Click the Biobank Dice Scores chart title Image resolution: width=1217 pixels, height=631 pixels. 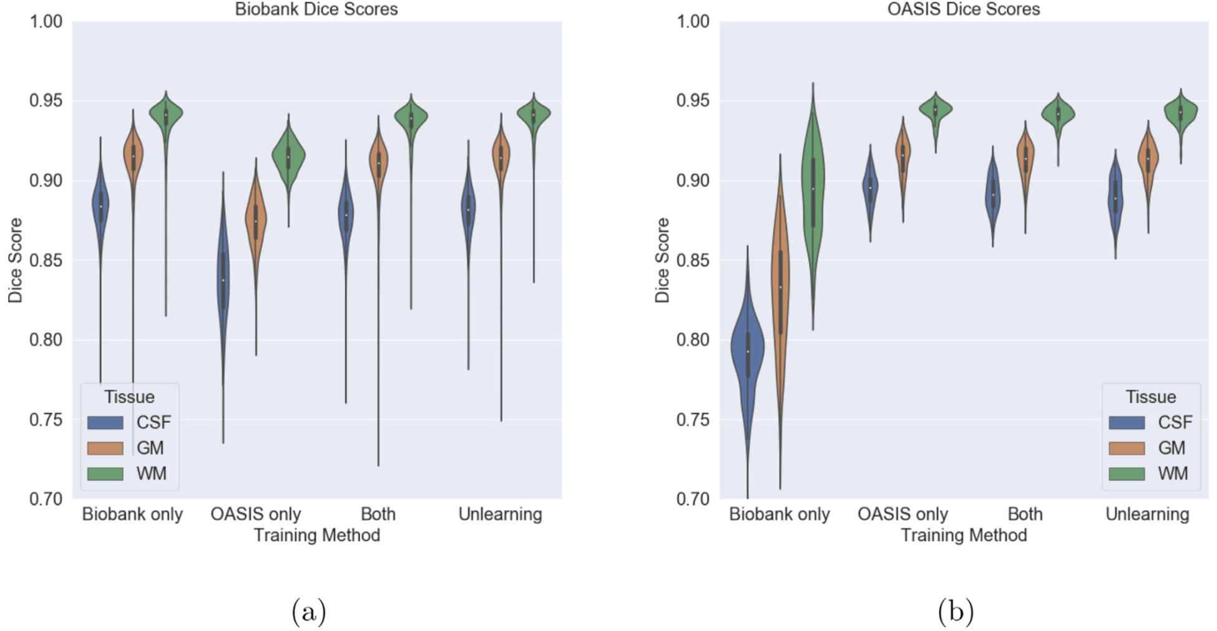coord(316,9)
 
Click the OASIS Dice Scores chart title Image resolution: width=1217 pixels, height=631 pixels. coord(963,9)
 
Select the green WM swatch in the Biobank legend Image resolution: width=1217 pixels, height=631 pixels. coord(105,474)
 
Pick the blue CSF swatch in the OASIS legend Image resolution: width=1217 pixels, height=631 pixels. coord(1127,422)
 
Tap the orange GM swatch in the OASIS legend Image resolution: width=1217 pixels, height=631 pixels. coord(1127,448)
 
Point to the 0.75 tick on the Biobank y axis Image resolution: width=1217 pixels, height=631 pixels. coord(46,420)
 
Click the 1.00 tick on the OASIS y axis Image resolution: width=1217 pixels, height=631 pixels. coord(693,21)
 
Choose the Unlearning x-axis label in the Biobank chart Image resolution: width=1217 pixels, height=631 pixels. coord(500,514)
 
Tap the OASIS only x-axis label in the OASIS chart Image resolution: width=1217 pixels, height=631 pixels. coord(902,514)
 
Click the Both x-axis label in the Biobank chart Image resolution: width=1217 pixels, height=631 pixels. coord(378,514)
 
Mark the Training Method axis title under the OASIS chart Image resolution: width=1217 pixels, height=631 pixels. coord(963,535)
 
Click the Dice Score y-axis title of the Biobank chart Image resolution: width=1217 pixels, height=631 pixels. coord(15,260)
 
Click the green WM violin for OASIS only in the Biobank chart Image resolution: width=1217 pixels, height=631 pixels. coord(288,156)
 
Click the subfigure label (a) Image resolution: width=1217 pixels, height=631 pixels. coord(308,612)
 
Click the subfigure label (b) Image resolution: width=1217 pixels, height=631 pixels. coord(956,612)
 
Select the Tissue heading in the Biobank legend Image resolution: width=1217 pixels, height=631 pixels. coord(129,397)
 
